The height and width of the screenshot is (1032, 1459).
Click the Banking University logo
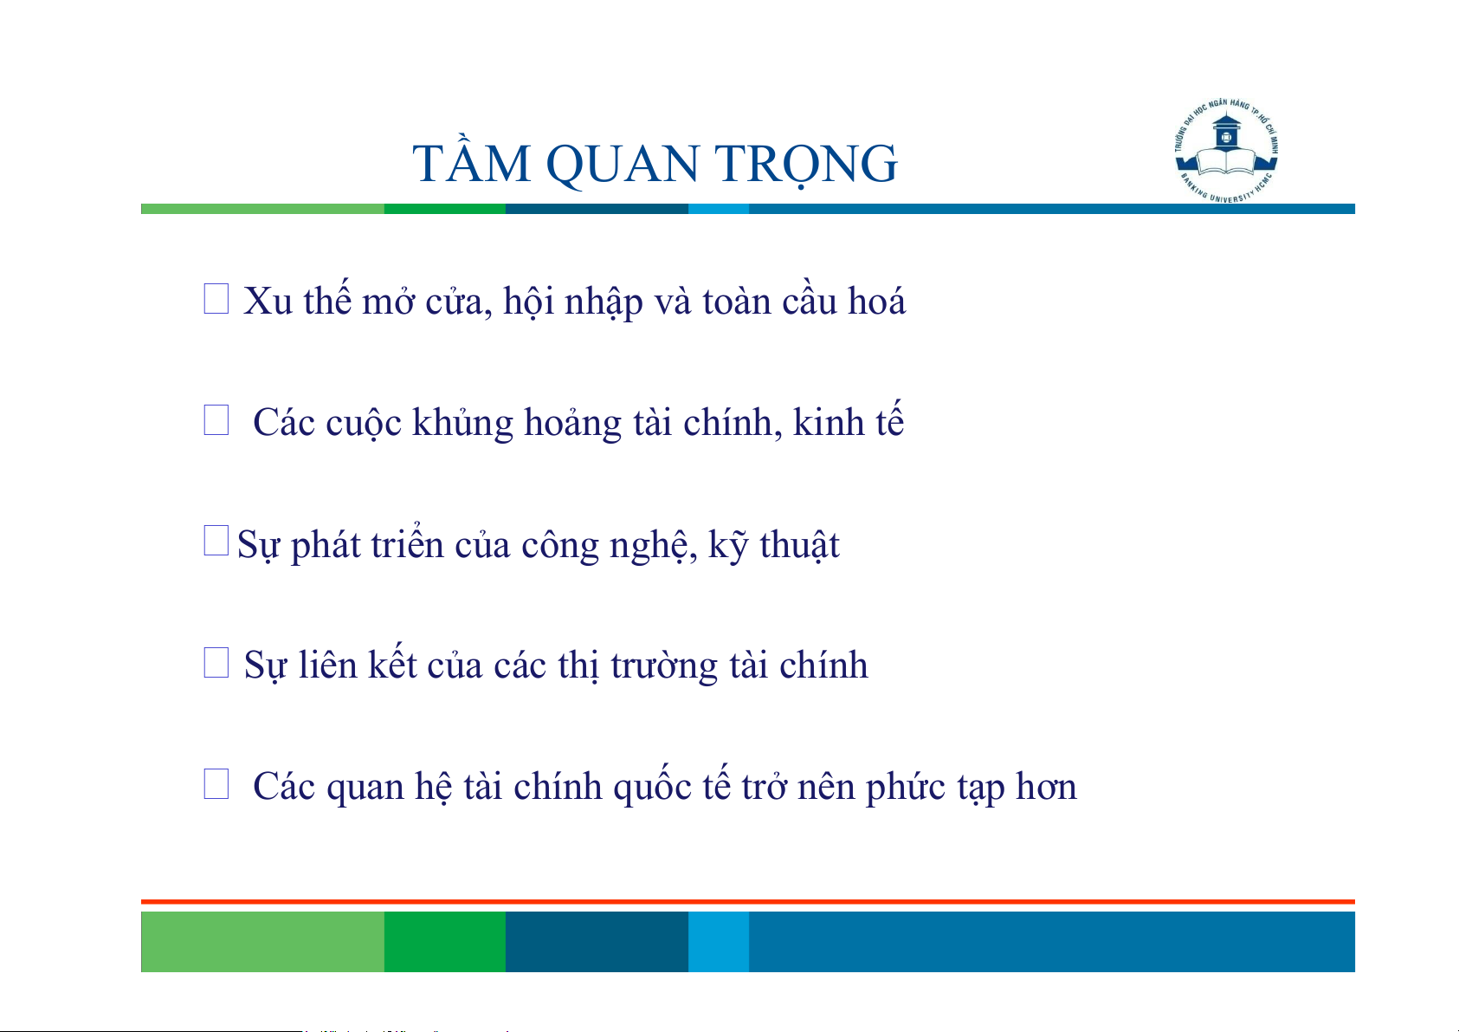(1226, 151)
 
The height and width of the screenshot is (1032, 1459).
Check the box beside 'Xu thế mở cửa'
(216, 299)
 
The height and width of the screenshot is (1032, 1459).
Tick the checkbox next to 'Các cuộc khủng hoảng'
(216, 420)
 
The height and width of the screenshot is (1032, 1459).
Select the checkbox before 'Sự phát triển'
(216, 541)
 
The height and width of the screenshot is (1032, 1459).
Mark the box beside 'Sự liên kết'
(216, 662)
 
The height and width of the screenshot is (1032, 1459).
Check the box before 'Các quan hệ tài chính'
(216, 783)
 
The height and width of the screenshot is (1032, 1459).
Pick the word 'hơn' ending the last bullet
(1047, 786)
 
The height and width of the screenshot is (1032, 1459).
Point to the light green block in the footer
(262, 942)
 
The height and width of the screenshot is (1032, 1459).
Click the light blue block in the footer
(719, 942)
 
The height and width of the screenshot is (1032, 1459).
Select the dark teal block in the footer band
(597, 942)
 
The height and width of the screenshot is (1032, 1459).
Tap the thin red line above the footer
(748, 902)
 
